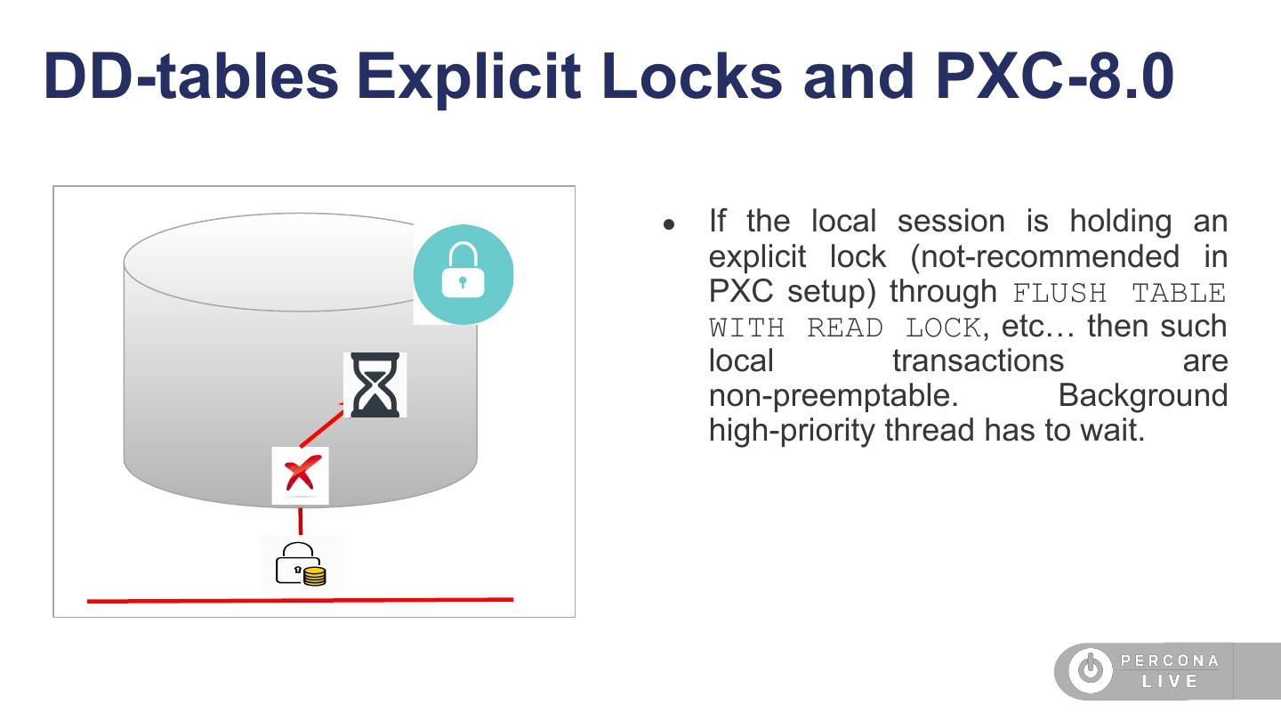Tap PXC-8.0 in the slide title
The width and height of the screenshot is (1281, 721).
point(1054,77)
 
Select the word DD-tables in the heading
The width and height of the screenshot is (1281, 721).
point(190,77)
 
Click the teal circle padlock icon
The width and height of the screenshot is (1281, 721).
point(463,274)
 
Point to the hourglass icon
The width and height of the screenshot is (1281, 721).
point(375,385)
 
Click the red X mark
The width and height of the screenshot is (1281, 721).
point(301,474)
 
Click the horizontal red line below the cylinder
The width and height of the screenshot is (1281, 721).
point(300,601)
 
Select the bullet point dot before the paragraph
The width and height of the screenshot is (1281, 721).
point(670,224)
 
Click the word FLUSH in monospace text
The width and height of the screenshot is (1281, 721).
point(1059,293)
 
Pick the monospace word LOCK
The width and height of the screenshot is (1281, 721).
point(943,328)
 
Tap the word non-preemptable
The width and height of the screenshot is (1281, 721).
point(833,395)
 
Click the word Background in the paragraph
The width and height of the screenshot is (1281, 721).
point(1142,395)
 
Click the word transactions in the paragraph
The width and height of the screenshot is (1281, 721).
point(978,360)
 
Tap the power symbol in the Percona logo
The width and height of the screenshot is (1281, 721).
point(1090,670)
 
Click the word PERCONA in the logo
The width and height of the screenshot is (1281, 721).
point(1170,660)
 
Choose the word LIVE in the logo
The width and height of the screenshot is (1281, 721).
point(1170,682)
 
